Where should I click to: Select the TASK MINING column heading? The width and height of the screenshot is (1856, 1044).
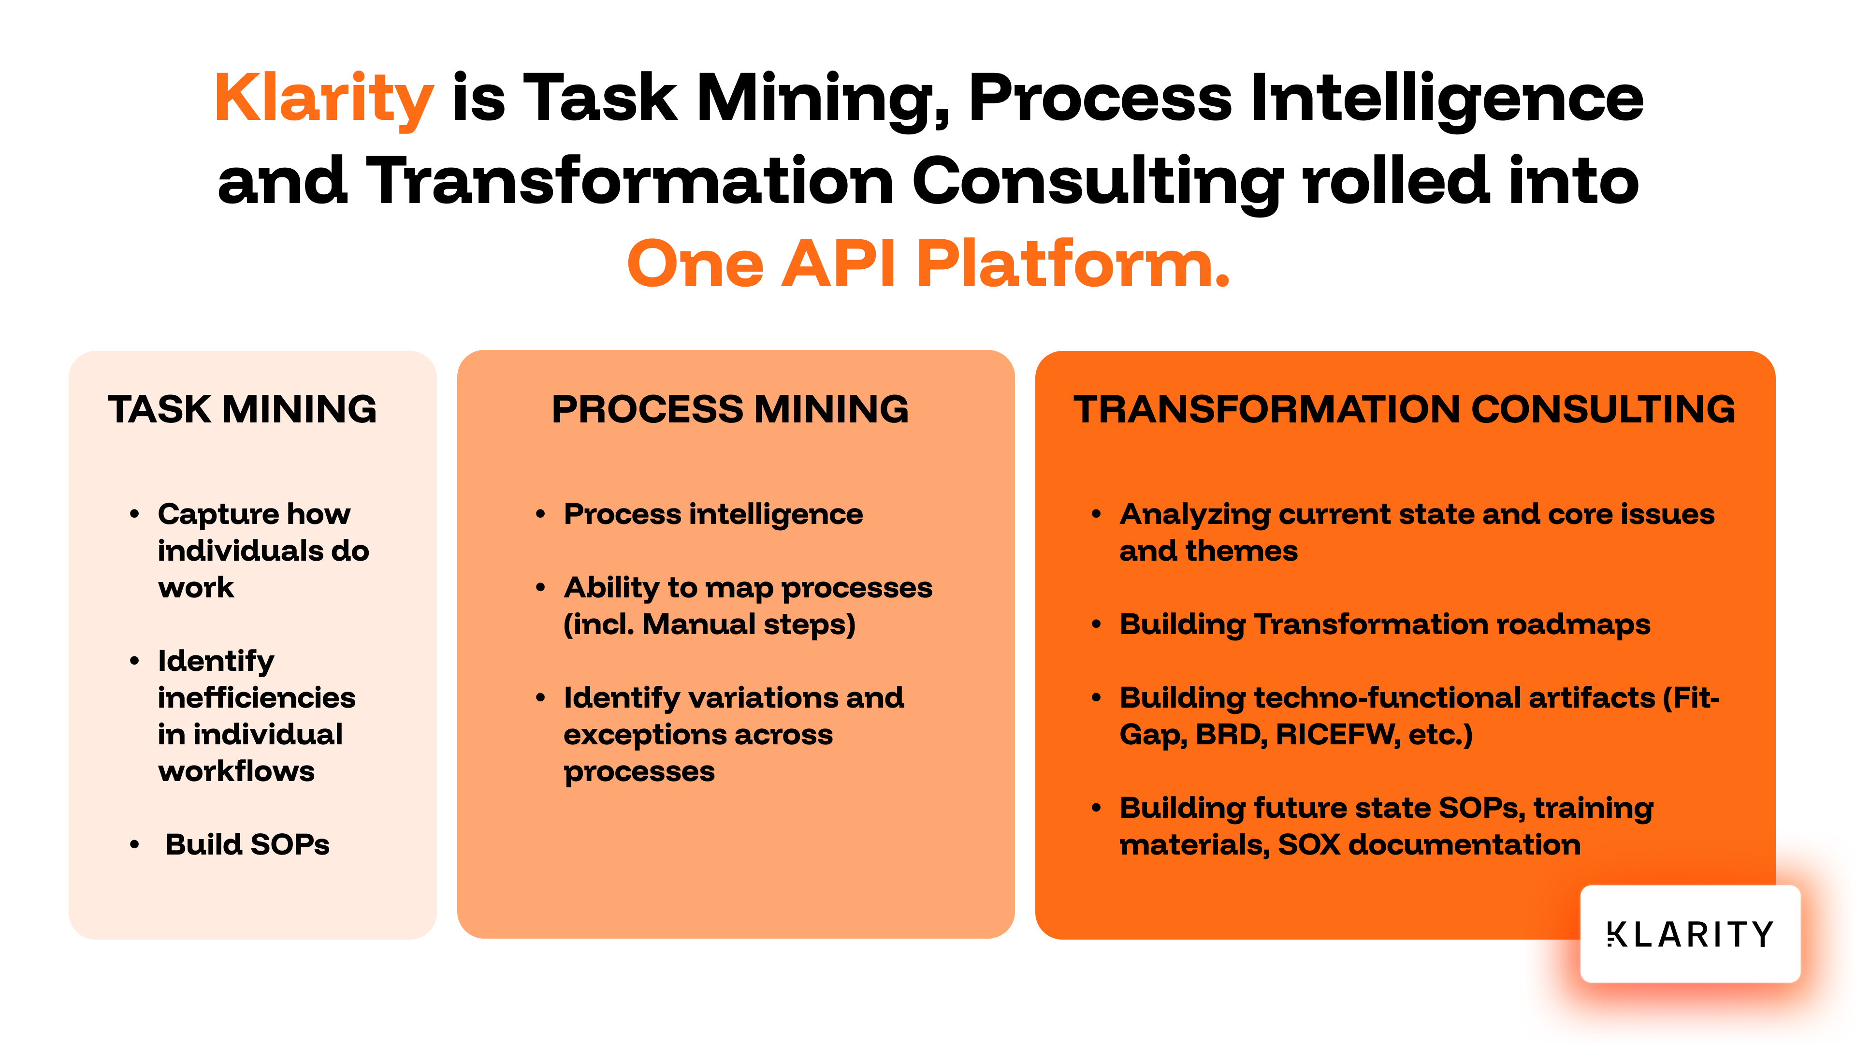click(242, 409)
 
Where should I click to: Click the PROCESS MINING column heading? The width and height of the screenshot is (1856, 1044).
click(730, 409)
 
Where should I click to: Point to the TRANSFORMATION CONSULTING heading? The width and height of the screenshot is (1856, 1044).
click(1404, 409)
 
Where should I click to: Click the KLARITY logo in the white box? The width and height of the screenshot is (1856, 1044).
click(1690, 934)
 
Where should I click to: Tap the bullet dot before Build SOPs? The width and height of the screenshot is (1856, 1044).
click(134, 844)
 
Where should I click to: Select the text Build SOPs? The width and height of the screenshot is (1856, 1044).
click(247, 844)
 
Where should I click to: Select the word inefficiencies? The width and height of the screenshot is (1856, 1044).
click(257, 697)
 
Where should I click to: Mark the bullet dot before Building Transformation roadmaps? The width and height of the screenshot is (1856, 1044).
click(1096, 624)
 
